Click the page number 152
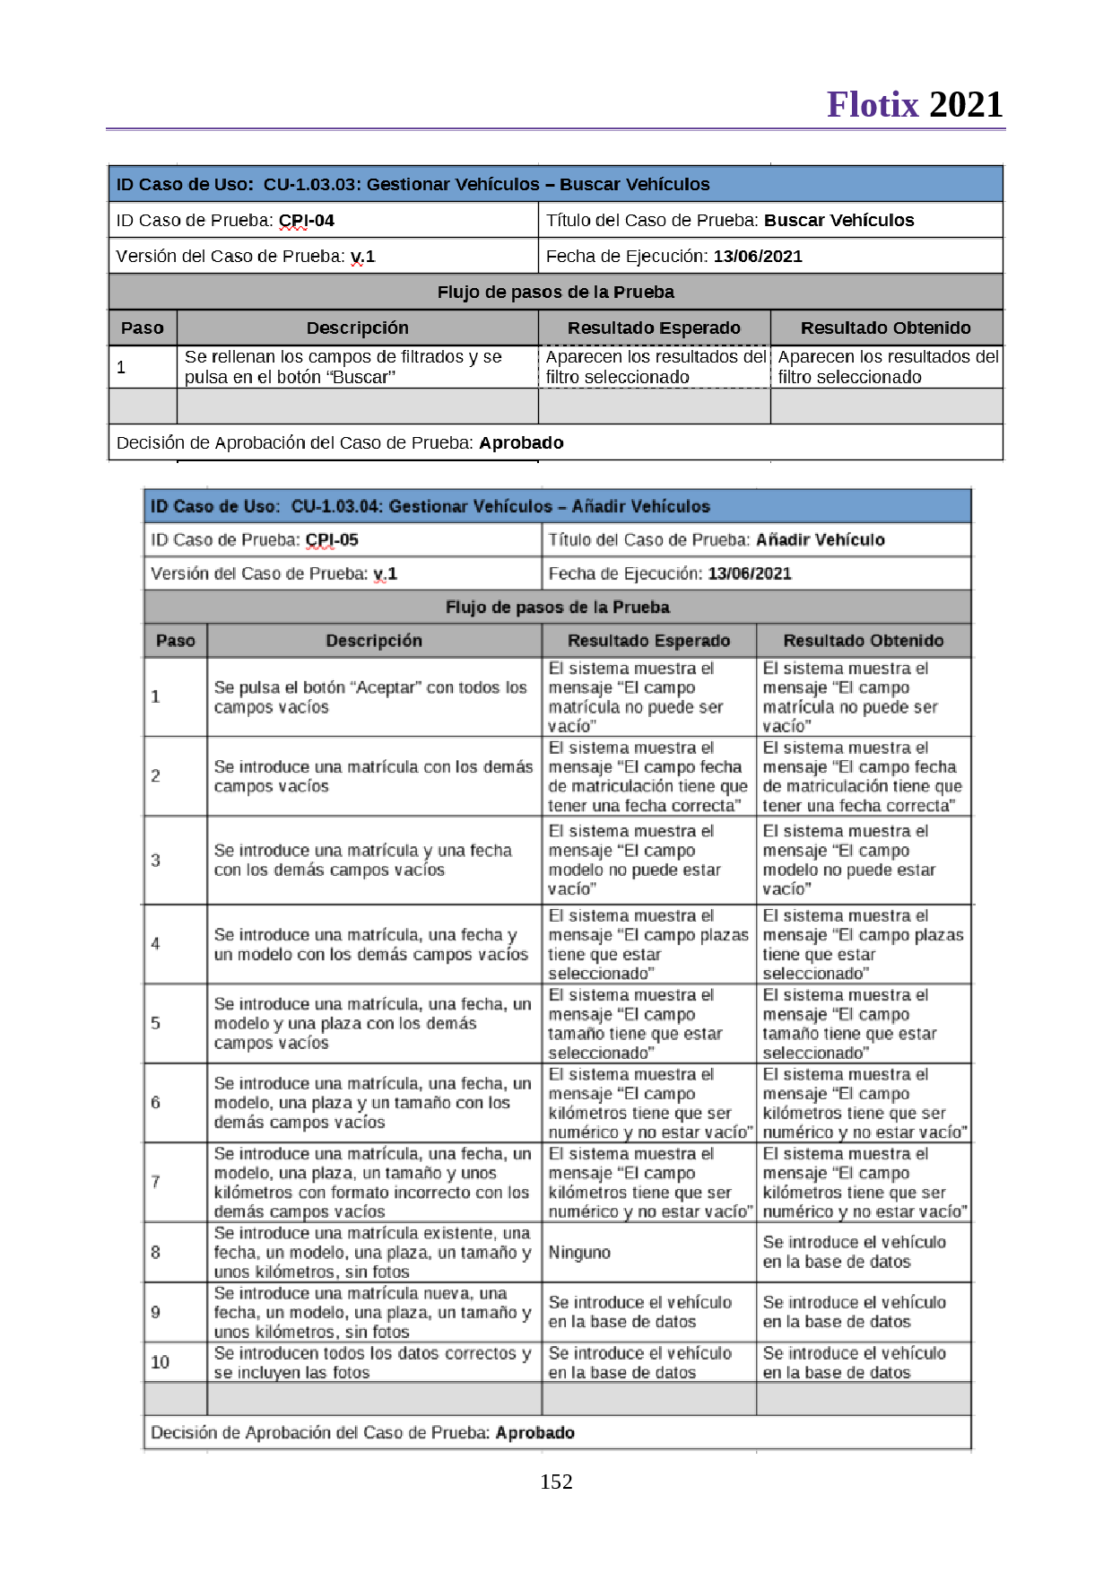(556, 1482)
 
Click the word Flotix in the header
(873, 105)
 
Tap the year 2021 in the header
(966, 105)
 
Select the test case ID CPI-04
(307, 221)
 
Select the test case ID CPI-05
(332, 540)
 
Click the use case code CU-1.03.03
(309, 185)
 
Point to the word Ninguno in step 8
(579, 1253)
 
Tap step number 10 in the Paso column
(161, 1362)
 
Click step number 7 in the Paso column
(156, 1182)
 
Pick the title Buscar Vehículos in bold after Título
(838, 221)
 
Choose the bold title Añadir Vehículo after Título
(820, 540)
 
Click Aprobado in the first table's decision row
(521, 443)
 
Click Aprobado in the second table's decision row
(535, 1433)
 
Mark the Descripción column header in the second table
(374, 641)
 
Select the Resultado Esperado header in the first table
(654, 328)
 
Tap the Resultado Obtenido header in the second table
(863, 641)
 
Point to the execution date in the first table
(758, 257)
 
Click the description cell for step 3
(362, 861)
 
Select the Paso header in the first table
(143, 328)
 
